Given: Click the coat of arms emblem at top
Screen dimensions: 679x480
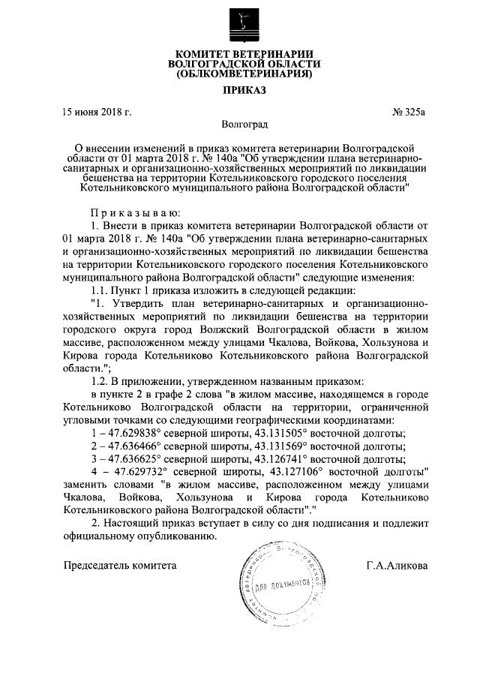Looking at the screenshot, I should click(x=239, y=23).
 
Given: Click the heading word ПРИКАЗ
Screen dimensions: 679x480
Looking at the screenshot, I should click(x=239, y=91).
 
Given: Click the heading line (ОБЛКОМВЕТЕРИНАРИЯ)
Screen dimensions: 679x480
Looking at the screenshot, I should click(x=239, y=75).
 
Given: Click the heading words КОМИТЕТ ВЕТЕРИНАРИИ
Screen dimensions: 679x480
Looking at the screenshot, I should click(x=239, y=53).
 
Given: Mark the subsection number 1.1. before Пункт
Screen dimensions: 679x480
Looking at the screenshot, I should click(x=99, y=290).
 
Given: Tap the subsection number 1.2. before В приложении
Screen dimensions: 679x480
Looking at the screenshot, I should click(x=99, y=382).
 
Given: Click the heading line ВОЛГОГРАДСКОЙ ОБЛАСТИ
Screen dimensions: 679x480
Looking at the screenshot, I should click(x=239, y=65).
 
